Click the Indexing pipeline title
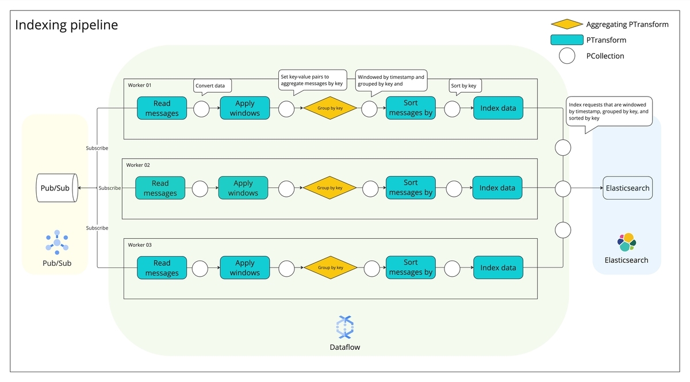click(66, 25)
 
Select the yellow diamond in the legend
click(567, 24)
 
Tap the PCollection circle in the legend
click(567, 56)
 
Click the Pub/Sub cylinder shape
click(57, 188)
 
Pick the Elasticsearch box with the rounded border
click(627, 188)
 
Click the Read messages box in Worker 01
click(162, 108)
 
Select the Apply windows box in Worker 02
click(243, 188)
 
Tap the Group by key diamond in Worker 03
click(330, 268)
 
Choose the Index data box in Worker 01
click(498, 108)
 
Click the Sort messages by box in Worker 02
click(411, 188)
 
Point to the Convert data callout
click(213, 86)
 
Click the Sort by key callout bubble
click(464, 86)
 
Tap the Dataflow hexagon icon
click(344, 327)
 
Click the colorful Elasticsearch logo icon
click(627, 242)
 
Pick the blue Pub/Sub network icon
click(57, 242)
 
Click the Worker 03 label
click(140, 245)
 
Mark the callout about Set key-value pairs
click(312, 80)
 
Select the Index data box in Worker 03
click(498, 268)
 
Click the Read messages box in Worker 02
click(160, 188)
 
